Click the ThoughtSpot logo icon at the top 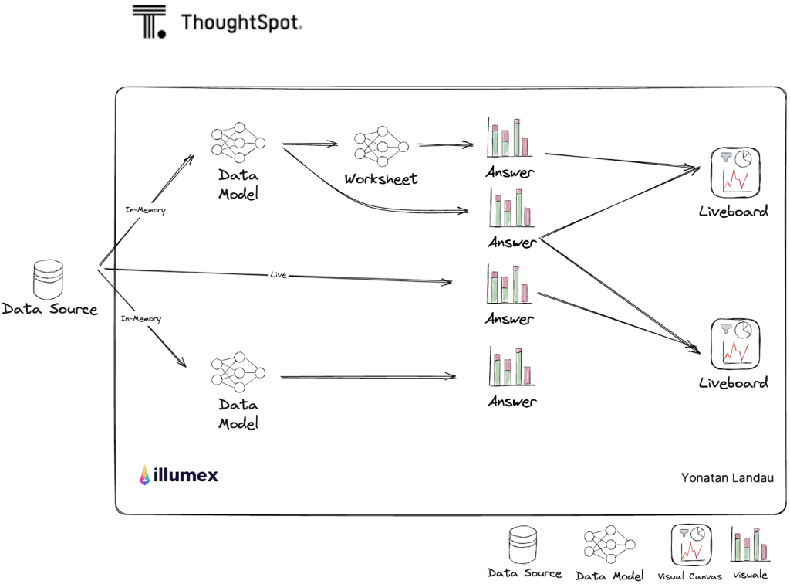(149, 22)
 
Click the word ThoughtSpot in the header (241, 22)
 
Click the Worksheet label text (380, 178)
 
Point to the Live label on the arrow (279, 274)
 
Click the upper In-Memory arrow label (145, 210)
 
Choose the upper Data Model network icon (238, 143)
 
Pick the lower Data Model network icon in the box (238, 372)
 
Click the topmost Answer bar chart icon (508, 138)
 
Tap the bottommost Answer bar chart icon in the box (510, 367)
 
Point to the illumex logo (179, 475)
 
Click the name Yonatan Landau (727, 477)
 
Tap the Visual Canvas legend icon (690, 545)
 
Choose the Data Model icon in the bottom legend (611, 547)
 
